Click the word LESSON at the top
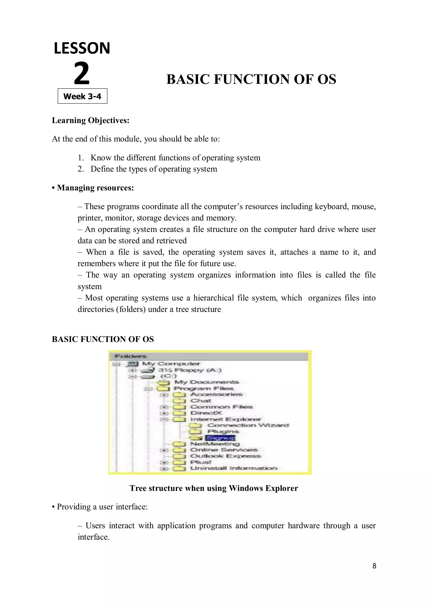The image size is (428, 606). (x=82, y=48)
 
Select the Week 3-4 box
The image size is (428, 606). (x=83, y=96)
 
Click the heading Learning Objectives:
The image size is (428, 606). (x=91, y=120)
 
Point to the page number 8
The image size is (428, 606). (x=374, y=566)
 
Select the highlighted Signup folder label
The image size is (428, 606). (x=220, y=438)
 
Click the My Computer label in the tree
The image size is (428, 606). (x=171, y=364)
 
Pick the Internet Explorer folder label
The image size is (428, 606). (x=225, y=419)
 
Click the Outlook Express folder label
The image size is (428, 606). (x=225, y=456)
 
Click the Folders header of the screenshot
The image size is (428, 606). (x=130, y=356)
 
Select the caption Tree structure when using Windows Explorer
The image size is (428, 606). (x=214, y=488)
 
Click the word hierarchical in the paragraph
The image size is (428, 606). (x=213, y=298)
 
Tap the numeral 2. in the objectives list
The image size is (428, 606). (x=81, y=169)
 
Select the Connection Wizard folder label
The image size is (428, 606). (x=248, y=425)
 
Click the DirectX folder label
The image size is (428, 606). (x=206, y=413)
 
